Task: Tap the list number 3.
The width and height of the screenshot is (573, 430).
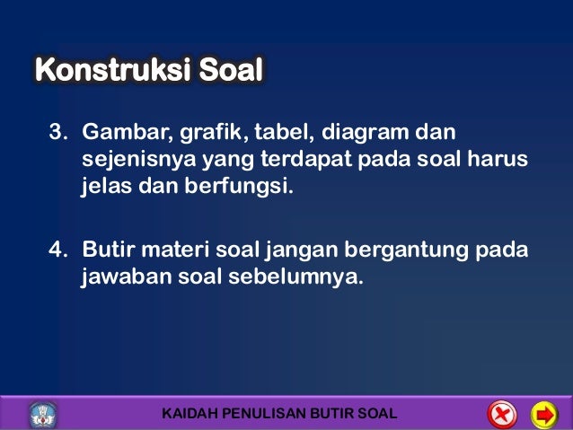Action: [x=57, y=135]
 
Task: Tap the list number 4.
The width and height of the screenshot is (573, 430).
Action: [x=57, y=248]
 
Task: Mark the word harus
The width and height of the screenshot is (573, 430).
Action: [x=498, y=162]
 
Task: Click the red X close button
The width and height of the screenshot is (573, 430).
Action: [x=501, y=414]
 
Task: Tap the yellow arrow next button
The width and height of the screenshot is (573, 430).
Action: [x=544, y=414]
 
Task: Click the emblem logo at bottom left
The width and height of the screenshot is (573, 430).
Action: [x=42, y=414]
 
